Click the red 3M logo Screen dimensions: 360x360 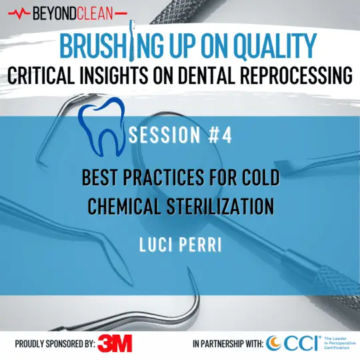115,343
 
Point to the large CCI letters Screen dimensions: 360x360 300,343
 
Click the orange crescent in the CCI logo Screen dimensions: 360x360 273,343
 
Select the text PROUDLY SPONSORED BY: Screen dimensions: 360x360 54,344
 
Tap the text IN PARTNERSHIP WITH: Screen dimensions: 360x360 227,344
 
